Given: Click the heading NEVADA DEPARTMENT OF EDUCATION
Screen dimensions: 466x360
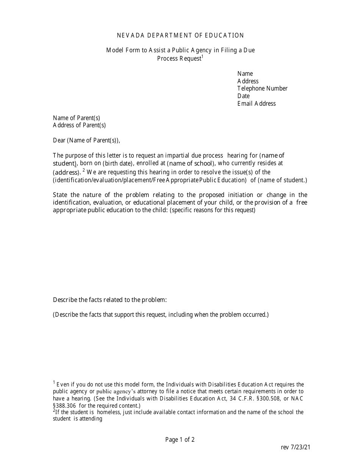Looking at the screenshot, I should (x=180, y=35).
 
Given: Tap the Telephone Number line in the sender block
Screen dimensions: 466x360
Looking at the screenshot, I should (x=262, y=88).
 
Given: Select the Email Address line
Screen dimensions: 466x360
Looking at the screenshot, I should (x=257, y=103).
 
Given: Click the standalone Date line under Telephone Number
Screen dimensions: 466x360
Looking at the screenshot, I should (x=243, y=96).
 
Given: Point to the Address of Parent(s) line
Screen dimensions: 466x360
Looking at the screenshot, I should (x=79, y=125).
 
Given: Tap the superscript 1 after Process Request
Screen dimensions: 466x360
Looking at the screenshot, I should (x=202, y=56).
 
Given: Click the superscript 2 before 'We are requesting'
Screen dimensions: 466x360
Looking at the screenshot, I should (x=83, y=170).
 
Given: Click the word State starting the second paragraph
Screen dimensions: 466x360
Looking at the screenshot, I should (x=61, y=195).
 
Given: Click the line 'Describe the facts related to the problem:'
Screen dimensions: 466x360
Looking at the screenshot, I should (x=110, y=300).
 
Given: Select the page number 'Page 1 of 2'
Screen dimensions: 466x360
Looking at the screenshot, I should (x=180, y=439).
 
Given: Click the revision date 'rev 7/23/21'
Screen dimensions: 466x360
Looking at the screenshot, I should (x=296, y=447).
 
